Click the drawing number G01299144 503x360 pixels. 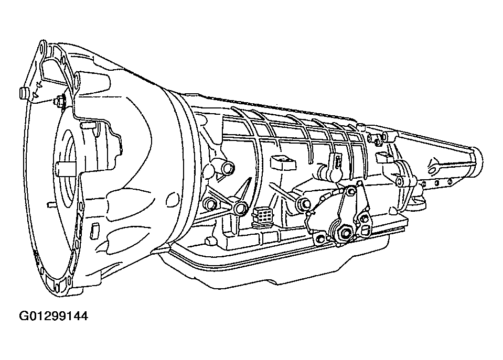[53, 317]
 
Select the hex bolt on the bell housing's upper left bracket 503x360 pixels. [60, 102]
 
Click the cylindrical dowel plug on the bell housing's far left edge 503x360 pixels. [23, 92]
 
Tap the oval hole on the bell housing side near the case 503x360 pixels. [173, 199]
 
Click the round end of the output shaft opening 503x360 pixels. [479, 161]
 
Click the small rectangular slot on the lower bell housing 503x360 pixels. [95, 231]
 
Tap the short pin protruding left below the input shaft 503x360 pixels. [50, 204]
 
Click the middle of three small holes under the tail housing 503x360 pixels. [436, 183]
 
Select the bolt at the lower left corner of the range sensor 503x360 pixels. [320, 238]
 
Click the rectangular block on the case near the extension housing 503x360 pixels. [384, 157]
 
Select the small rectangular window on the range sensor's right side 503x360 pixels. [365, 229]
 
